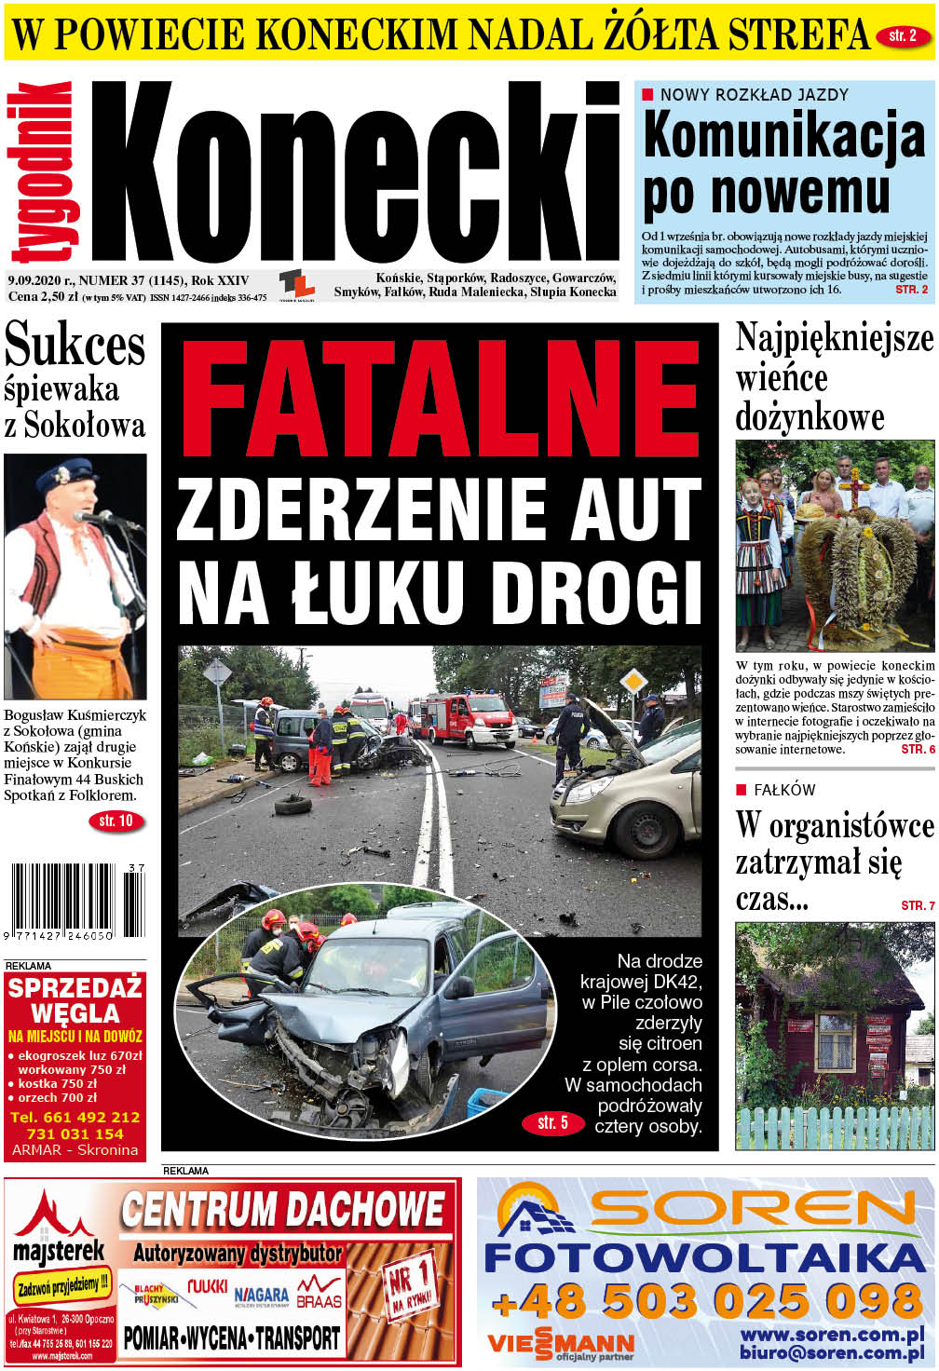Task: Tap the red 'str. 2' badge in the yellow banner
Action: pos(903,37)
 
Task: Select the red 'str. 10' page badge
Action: pos(116,821)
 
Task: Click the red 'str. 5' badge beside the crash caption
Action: pos(552,1122)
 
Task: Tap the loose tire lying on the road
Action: pos(293,803)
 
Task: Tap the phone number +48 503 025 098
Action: pos(706,1300)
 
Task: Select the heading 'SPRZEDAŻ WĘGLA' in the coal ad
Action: pos(75,1000)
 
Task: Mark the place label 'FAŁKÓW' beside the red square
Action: pos(784,790)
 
